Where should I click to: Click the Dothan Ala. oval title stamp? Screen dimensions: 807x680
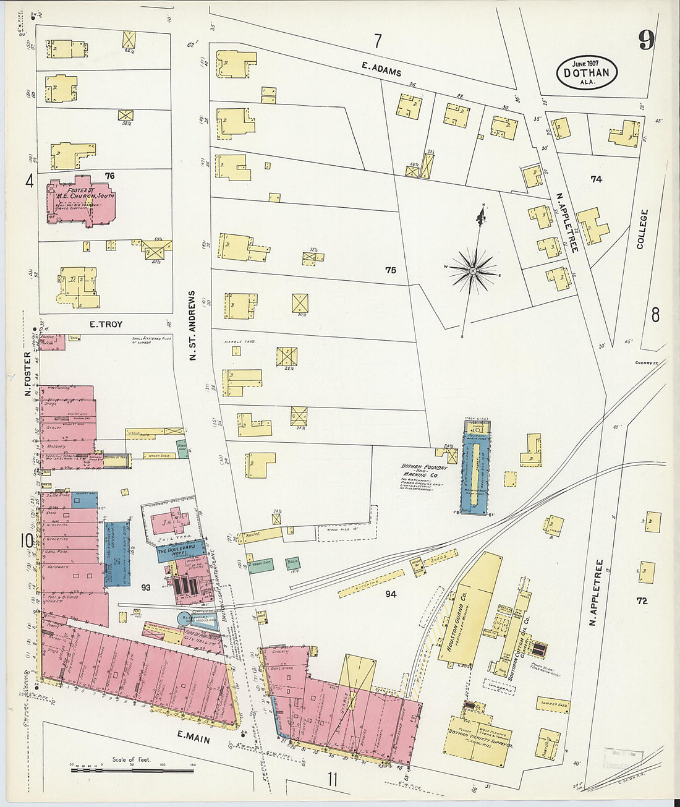click(x=587, y=73)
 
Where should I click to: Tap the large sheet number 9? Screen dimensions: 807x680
click(x=647, y=41)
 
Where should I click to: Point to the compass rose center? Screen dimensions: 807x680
click(x=473, y=271)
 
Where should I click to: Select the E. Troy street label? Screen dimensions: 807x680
click(x=106, y=324)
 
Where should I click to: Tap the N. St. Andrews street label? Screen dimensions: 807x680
click(x=192, y=326)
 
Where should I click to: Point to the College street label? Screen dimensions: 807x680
click(x=644, y=229)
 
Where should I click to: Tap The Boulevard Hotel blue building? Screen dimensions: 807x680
click(x=181, y=552)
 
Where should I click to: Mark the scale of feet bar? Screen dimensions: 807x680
click(x=132, y=771)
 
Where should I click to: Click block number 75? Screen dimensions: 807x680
click(x=390, y=270)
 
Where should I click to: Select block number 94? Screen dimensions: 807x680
click(x=390, y=594)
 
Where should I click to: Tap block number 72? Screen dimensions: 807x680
click(x=642, y=600)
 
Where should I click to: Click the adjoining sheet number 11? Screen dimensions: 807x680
click(x=333, y=779)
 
